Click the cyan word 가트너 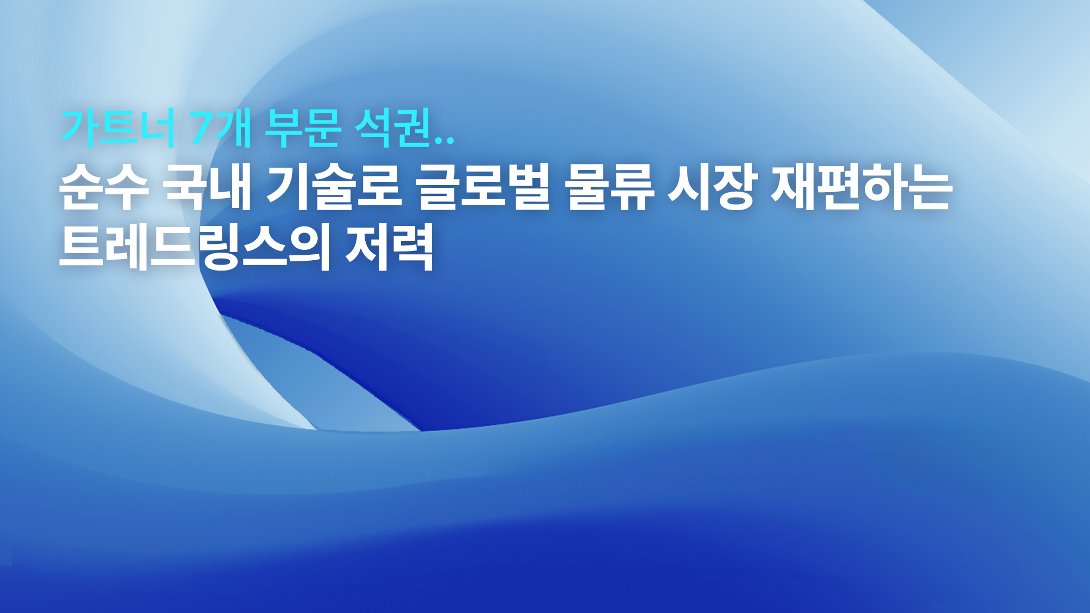[118, 128]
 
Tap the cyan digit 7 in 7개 [202, 128]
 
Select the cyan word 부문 [303, 128]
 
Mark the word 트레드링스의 [195, 248]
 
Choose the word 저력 [390, 248]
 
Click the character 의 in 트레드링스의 [310, 248]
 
